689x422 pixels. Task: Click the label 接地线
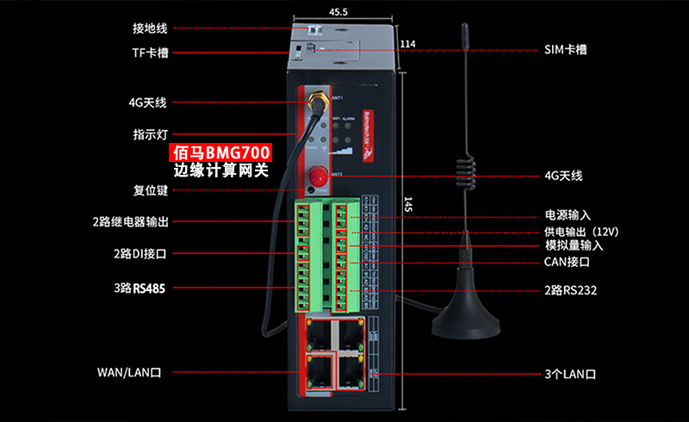point(150,28)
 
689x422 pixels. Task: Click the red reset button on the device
point(314,177)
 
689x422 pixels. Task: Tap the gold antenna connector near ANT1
point(315,102)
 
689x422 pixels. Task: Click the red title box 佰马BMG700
point(221,153)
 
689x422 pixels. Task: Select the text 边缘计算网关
point(221,171)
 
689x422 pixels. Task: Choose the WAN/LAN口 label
point(129,373)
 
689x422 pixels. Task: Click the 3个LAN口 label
point(570,375)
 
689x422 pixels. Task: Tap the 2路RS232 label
point(570,291)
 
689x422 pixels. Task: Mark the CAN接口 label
point(567,261)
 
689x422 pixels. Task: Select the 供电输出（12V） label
point(581,232)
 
